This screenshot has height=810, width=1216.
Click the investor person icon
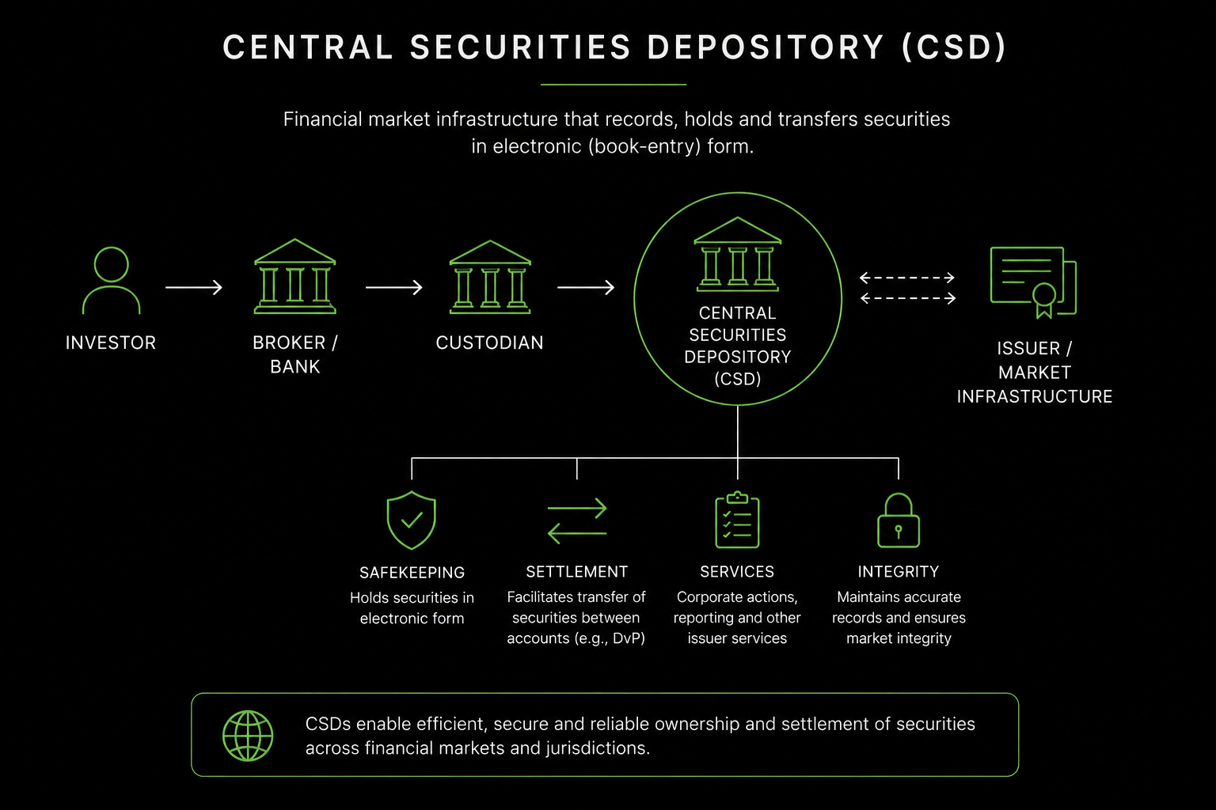tap(112, 281)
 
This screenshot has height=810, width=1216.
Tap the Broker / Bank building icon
tap(294, 276)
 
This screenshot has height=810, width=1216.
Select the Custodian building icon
tap(490, 277)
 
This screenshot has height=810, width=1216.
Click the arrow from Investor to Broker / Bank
tap(194, 287)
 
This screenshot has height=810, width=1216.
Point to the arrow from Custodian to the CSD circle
tap(586, 287)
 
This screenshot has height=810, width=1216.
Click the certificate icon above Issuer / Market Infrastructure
tap(1033, 282)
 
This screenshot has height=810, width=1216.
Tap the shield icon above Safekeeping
tap(412, 520)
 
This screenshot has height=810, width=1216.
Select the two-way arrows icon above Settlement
tap(577, 520)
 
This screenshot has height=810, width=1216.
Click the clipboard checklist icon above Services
tap(737, 520)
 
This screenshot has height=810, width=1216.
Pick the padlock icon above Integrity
tap(899, 520)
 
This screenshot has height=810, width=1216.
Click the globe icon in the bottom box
tap(248, 736)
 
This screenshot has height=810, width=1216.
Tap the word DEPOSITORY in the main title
tap(766, 47)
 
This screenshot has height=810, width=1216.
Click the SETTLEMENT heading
tap(577, 571)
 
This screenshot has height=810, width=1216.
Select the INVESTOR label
tap(111, 343)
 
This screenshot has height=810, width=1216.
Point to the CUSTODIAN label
tap(490, 343)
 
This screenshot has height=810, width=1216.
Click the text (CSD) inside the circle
tap(738, 379)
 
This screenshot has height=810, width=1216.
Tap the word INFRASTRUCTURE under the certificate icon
tap(1035, 396)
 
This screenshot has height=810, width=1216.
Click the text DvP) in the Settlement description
tap(629, 638)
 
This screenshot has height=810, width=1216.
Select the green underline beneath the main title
tap(614, 84)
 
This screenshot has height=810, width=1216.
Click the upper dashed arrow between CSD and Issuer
tap(907, 278)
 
